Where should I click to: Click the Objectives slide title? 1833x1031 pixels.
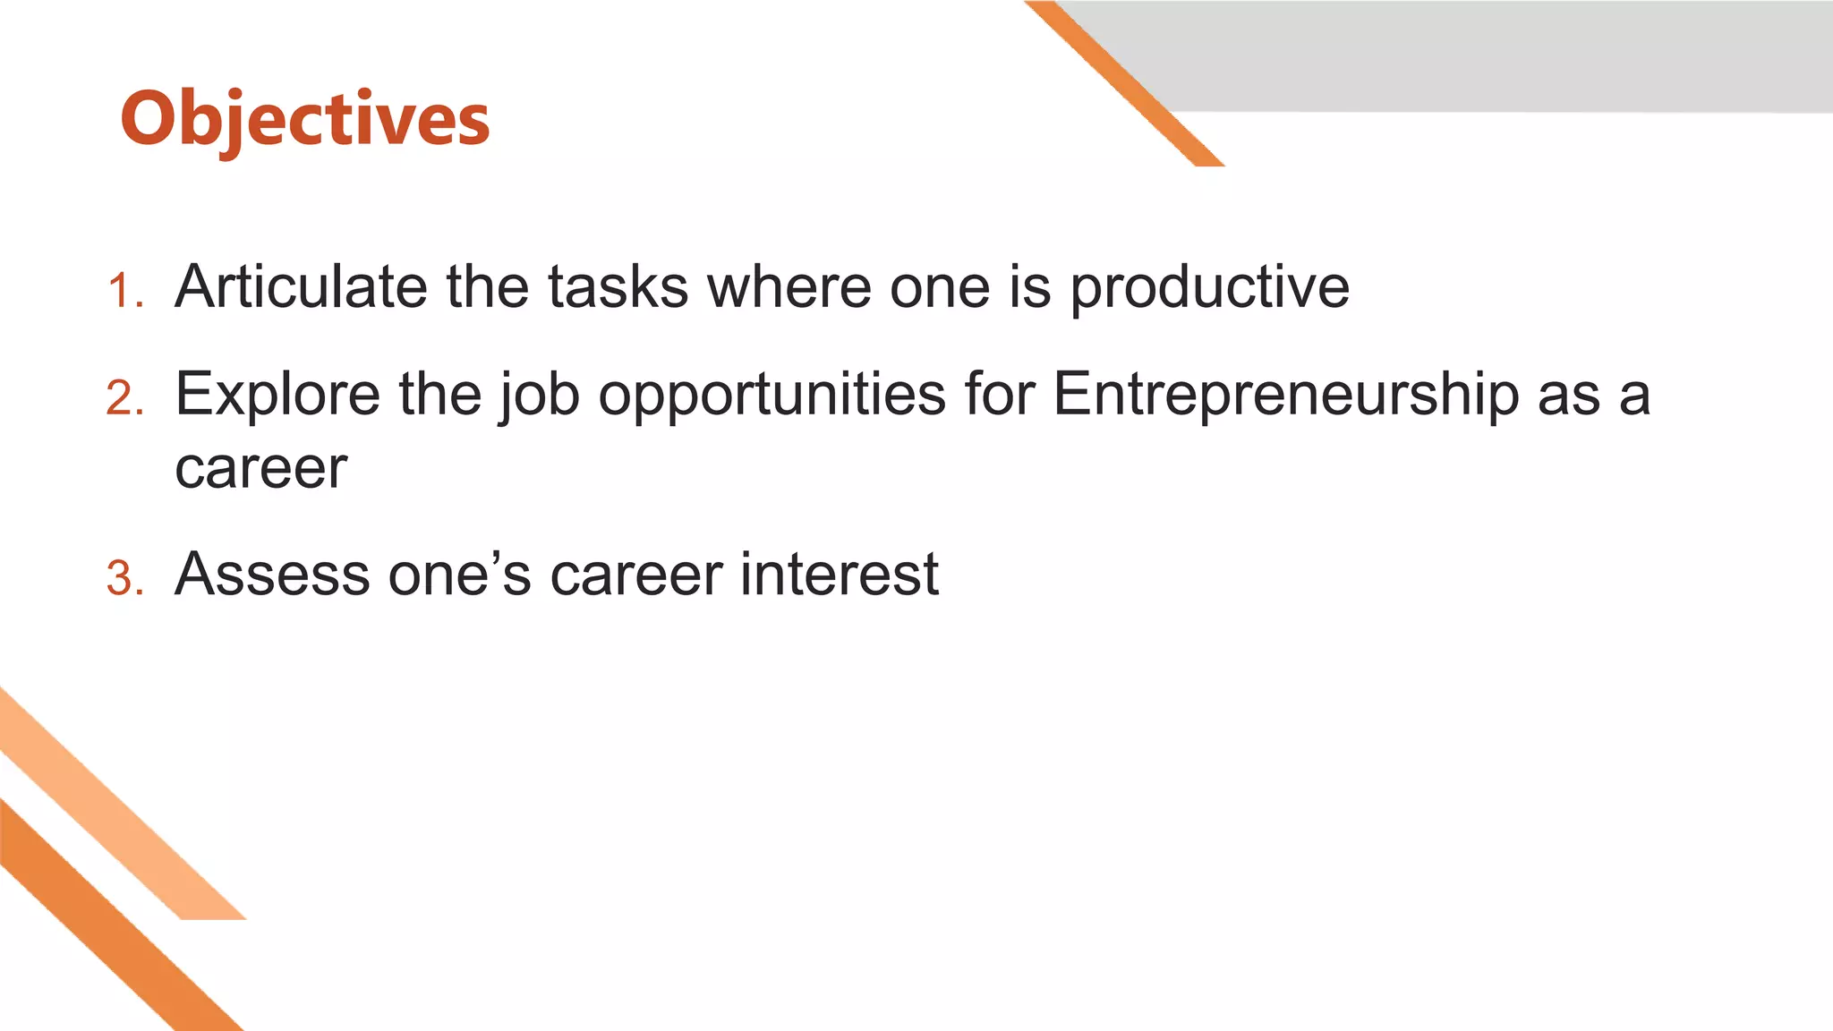click(305, 119)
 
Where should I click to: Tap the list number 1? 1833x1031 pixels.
click(124, 292)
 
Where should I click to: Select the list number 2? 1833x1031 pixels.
click(124, 398)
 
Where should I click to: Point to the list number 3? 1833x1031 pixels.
click(124, 578)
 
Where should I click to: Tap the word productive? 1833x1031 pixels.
click(1210, 288)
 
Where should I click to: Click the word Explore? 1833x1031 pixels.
click(277, 394)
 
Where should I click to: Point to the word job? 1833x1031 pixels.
click(539, 396)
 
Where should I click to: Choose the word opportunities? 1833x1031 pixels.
click(772, 396)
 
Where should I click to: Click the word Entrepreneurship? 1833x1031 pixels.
click(1285, 396)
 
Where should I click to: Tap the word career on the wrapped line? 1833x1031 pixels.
click(260, 468)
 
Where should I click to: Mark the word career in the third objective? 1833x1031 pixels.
click(635, 575)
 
